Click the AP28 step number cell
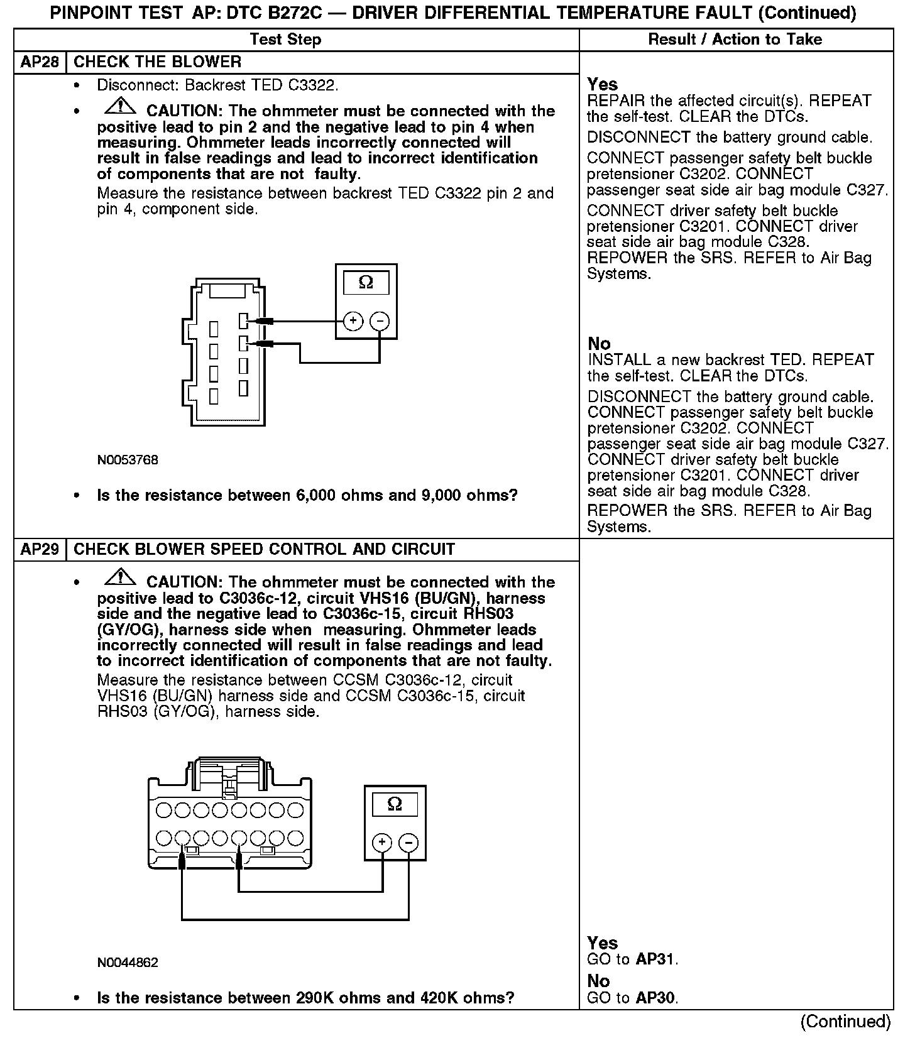[x=40, y=62]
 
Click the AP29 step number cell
[x=40, y=549]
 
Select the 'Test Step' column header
[x=285, y=40]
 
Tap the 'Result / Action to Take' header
[x=735, y=40]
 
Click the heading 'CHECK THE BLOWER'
[x=158, y=62]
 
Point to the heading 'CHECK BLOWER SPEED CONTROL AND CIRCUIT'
[x=264, y=549]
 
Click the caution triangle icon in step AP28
[x=118, y=107]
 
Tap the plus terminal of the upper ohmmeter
[x=353, y=321]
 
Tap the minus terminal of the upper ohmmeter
[x=380, y=321]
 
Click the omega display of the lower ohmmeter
[x=395, y=804]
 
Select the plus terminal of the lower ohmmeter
[x=382, y=843]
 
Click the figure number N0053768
[x=128, y=460]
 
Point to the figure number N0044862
[x=128, y=963]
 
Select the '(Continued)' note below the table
[x=845, y=1022]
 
